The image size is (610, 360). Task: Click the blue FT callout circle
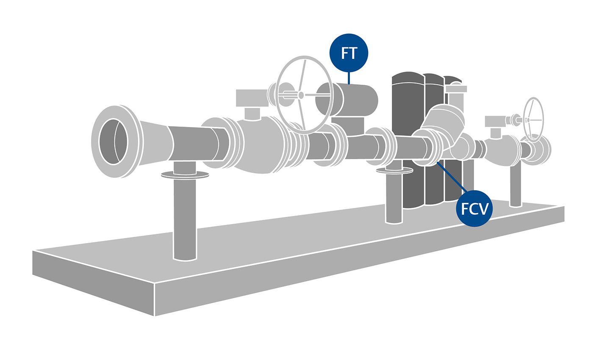tap(349, 53)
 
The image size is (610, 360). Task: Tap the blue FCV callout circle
tap(474, 208)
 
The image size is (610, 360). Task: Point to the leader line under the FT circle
tap(349, 78)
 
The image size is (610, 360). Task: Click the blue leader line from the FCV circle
tap(452, 178)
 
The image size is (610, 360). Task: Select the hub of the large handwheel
tap(301, 95)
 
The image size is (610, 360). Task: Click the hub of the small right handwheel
tap(528, 120)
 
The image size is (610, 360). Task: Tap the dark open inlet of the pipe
tap(113, 141)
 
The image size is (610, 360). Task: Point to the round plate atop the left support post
tap(185, 174)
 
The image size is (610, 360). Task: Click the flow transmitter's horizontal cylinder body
tap(356, 100)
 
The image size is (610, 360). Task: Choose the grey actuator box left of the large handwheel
tap(252, 98)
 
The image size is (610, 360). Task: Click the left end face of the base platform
tap(93, 282)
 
